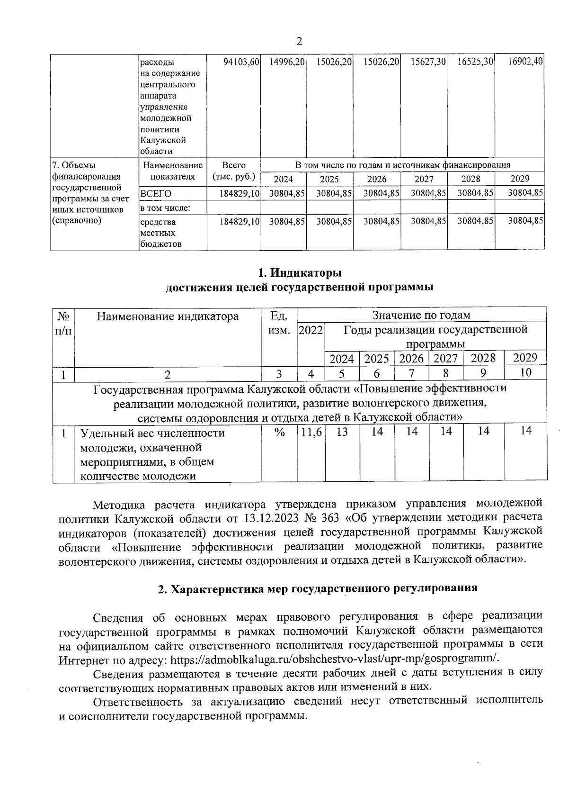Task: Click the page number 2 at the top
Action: coord(299,42)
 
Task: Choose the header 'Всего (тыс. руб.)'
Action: coord(234,171)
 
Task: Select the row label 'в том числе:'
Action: coord(165,208)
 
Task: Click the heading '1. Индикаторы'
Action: coord(299,273)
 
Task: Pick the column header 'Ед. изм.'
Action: coord(279,323)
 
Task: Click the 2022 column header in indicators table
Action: coord(311,330)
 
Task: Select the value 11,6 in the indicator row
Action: coord(311,432)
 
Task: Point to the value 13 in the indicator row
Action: coord(342,432)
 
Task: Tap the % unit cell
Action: coord(279,432)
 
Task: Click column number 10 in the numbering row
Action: coord(525,372)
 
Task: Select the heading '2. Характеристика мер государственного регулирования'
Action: coord(318,588)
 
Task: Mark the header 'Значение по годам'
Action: coord(421,315)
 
